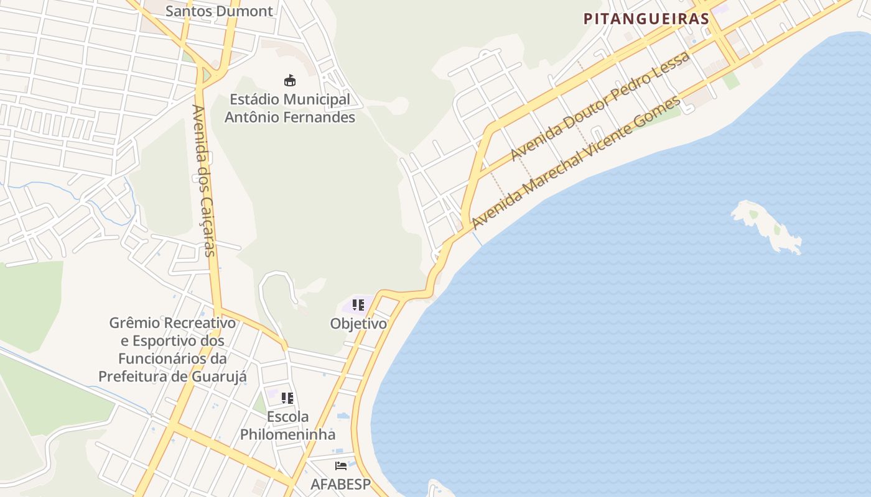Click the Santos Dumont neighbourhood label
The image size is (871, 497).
220,11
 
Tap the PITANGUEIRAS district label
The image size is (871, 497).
646,19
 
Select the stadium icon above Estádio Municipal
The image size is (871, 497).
290,80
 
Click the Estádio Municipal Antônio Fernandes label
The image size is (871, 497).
290,108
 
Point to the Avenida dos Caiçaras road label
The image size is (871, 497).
204,180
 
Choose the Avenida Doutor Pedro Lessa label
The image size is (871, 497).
600,106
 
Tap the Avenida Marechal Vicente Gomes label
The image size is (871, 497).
575,163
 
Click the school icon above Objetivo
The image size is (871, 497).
358,305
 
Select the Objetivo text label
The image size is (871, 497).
358,324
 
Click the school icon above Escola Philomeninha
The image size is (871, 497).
287,398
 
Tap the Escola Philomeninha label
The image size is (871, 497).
287,426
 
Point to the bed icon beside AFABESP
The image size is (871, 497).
340,465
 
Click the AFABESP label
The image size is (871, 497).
340,484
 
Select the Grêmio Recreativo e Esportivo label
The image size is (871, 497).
172,350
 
